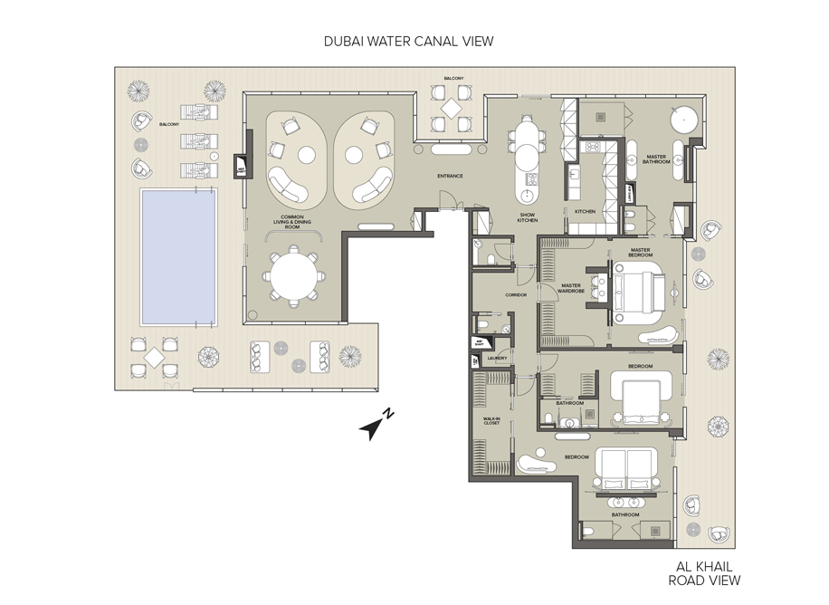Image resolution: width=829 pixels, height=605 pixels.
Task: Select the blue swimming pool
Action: [178, 257]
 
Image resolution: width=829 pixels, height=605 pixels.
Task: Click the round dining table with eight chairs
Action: [295, 278]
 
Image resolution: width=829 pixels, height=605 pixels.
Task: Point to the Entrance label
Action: [450, 176]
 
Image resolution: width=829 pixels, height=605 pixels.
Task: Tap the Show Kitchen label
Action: [528, 218]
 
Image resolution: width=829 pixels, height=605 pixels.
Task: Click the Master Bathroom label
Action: [656, 159]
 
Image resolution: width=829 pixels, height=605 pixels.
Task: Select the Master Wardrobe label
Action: [570, 288]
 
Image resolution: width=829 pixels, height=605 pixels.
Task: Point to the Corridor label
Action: [491, 294]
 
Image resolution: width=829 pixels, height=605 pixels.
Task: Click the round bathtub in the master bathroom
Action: [682, 120]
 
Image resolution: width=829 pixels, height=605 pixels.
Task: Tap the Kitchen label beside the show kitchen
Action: [586, 211]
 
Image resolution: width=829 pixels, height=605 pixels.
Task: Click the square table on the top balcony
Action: [451, 110]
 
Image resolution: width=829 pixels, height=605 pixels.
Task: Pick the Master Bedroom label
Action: [641, 253]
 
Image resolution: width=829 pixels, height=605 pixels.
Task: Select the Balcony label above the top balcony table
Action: [453, 79]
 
